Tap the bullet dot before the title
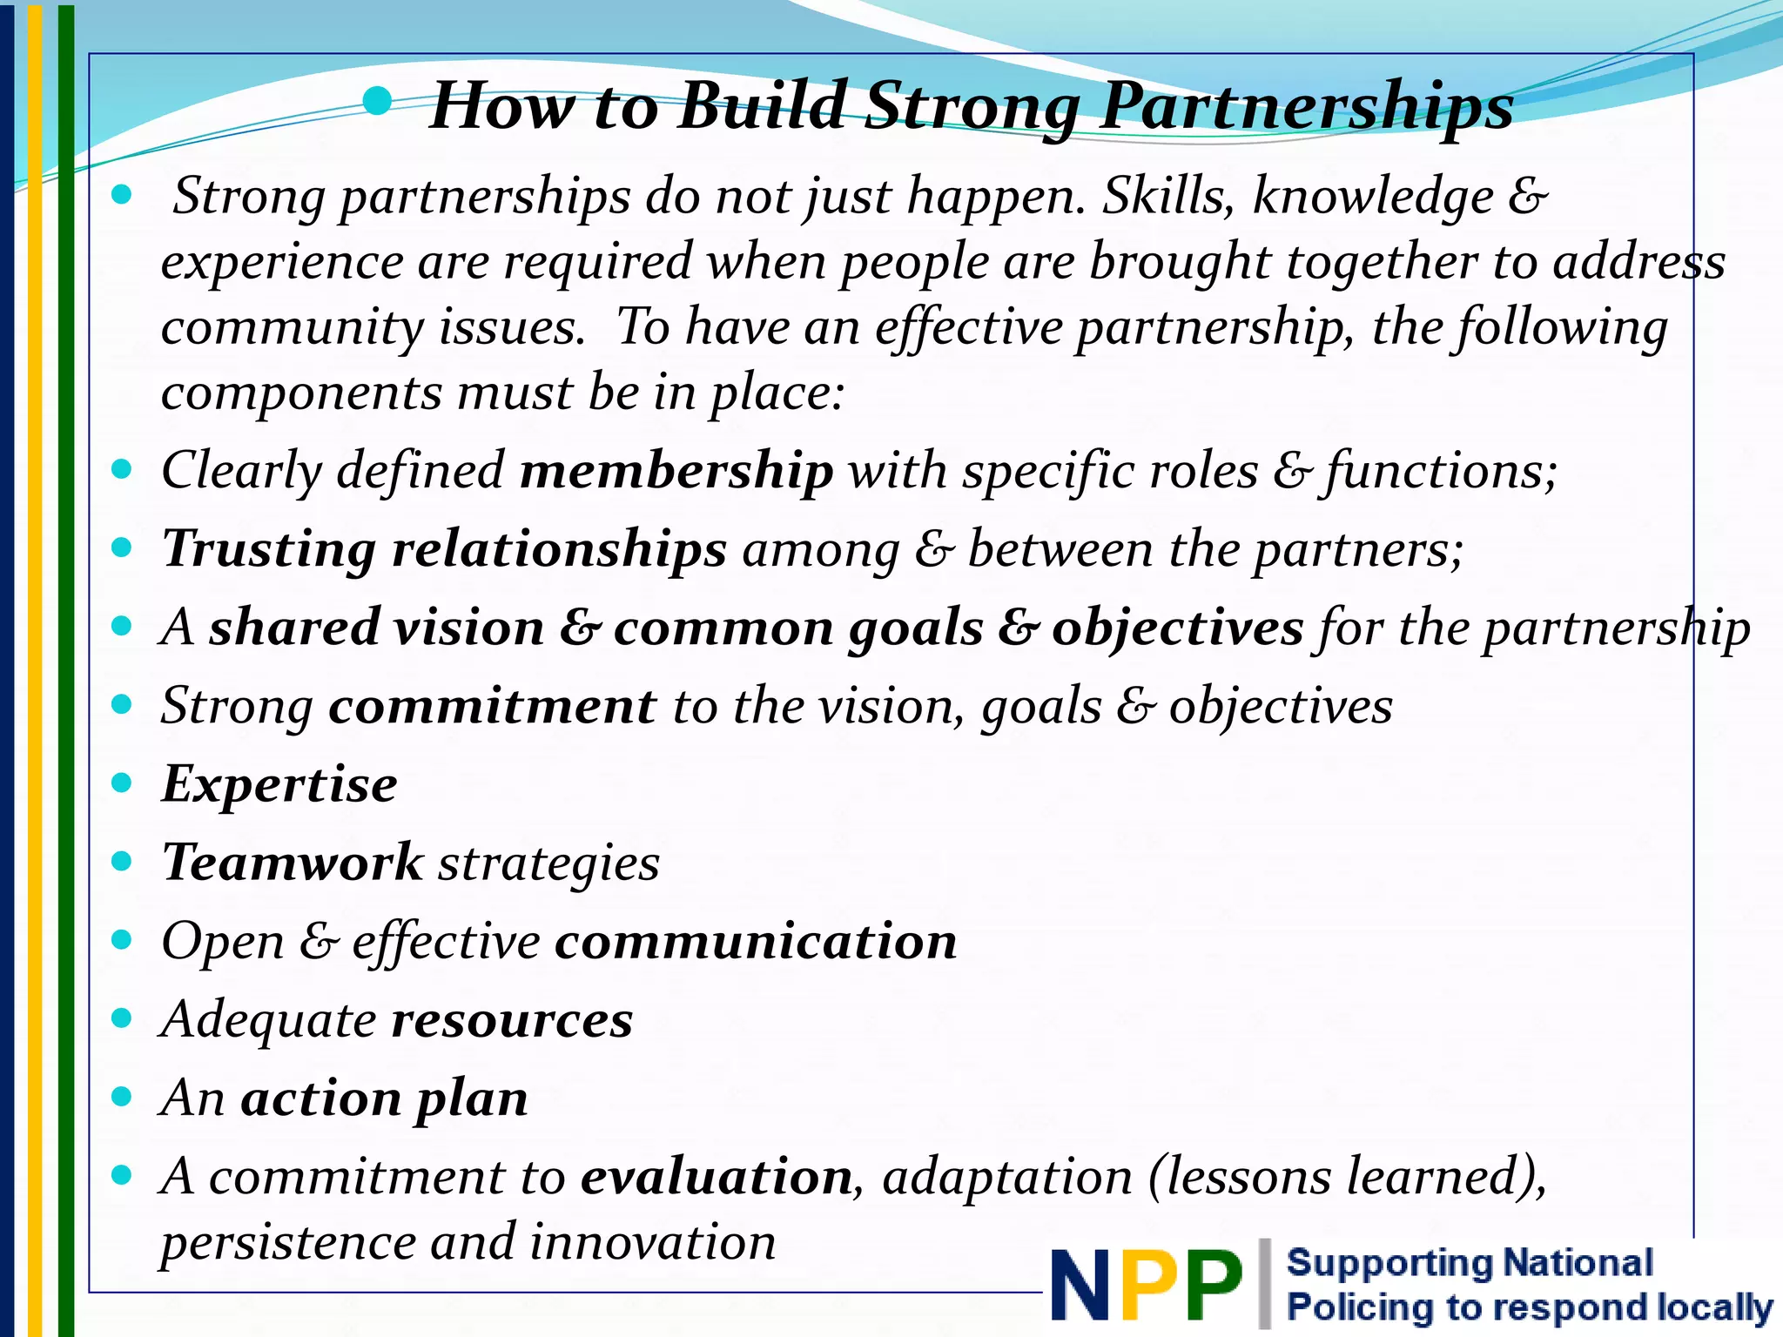pos(377,102)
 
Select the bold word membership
pos(676,471)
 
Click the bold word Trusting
pos(269,549)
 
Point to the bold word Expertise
pos(279,784)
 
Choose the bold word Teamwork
pos(293,863)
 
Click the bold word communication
pos(756,941)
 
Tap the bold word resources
pos(512,1019)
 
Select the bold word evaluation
pos(717,1177)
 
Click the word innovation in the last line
pos(653,1242)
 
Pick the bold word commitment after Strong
pos(493,706)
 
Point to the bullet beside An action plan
pos(122,1097)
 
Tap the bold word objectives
pos(1177,628)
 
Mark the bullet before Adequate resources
pos(122,1018)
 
